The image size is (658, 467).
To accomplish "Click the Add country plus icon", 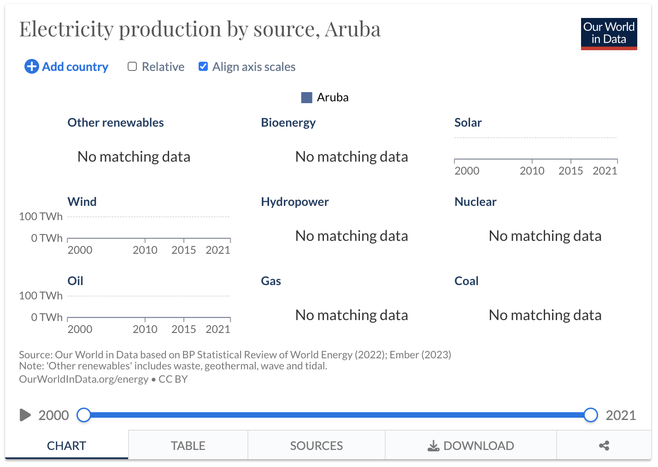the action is tap(31, 66).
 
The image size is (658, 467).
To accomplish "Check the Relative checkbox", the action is tap(132, 67).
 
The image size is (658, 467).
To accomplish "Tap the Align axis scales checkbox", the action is tap(203, 67).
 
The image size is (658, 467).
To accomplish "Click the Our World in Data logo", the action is tap(609, 34).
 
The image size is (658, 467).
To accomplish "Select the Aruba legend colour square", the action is tap(307, 98).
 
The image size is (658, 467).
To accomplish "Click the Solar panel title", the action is tap(468, 123).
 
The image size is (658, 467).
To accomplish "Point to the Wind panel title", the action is tap(82, 202).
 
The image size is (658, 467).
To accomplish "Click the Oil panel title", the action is tap(75, 281).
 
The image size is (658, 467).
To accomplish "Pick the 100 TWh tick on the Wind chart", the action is tap(41, 216).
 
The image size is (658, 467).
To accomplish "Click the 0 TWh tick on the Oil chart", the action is tap(47, 317).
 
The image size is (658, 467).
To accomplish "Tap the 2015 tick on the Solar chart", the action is tap(570, 171).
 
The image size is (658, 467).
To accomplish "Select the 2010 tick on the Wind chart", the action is tap(145, 250).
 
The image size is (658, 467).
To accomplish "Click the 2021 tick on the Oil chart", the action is tap(218, 329).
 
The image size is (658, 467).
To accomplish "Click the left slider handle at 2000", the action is tap(84, 415).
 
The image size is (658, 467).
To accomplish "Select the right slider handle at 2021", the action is tap(591, 415).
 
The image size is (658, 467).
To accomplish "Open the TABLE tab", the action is tap(188, 445).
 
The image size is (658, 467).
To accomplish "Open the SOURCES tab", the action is tap(317, 445).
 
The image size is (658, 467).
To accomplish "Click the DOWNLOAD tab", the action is tap(471, 445).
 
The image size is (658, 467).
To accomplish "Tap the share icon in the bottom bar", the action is tap(604, 445).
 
